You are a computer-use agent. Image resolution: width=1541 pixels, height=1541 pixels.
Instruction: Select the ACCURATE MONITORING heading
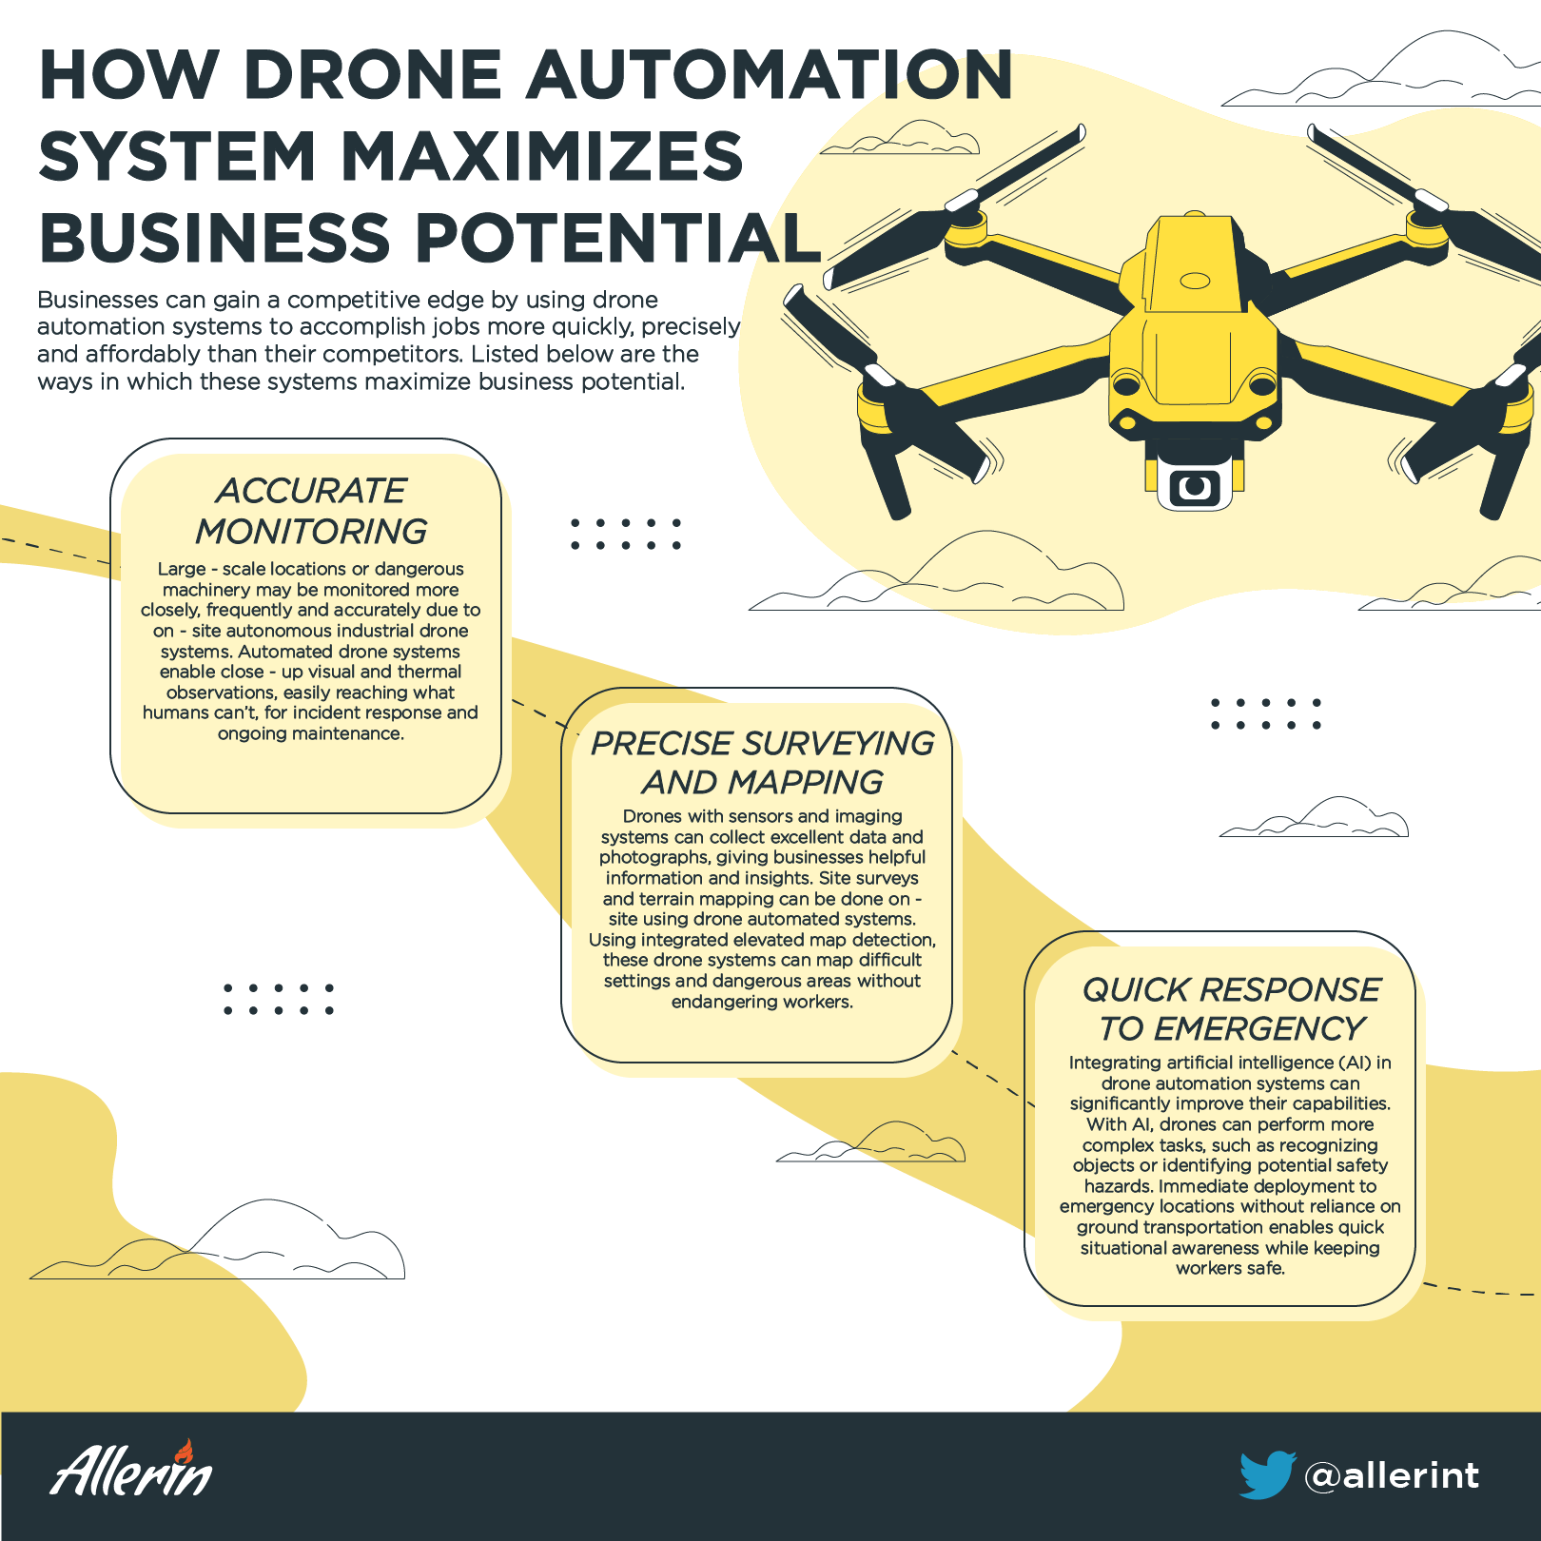click(x=311, y=511)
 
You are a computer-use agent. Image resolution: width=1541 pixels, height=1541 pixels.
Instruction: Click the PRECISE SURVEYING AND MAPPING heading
click(x=762, y=762)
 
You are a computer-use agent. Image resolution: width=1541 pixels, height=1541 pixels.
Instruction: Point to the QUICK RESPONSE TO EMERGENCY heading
click(x=1231, y=1008)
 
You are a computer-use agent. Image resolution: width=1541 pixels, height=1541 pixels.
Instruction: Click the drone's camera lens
click(x=1195, y=487)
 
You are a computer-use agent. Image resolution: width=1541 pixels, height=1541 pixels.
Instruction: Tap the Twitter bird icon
click(x=1268, y=1474)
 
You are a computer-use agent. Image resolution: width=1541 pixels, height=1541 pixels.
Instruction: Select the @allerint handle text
click(x=1392, y=1475)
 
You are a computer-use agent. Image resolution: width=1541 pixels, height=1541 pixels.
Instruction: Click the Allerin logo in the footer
click(x=132, y=1469)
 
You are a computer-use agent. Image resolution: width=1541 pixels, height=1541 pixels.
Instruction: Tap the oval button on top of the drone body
click(x=1195, y=281)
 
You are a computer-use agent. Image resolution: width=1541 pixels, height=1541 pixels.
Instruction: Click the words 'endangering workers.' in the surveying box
click(x=762, y=1002)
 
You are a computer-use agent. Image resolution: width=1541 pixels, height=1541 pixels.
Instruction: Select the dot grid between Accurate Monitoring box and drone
click(x=626, y=534)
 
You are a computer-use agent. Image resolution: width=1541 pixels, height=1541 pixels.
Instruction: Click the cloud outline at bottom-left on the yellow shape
click(x=219, y=1240)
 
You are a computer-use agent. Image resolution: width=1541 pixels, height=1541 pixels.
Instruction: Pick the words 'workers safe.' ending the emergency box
click(x=1230, y=1268)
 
